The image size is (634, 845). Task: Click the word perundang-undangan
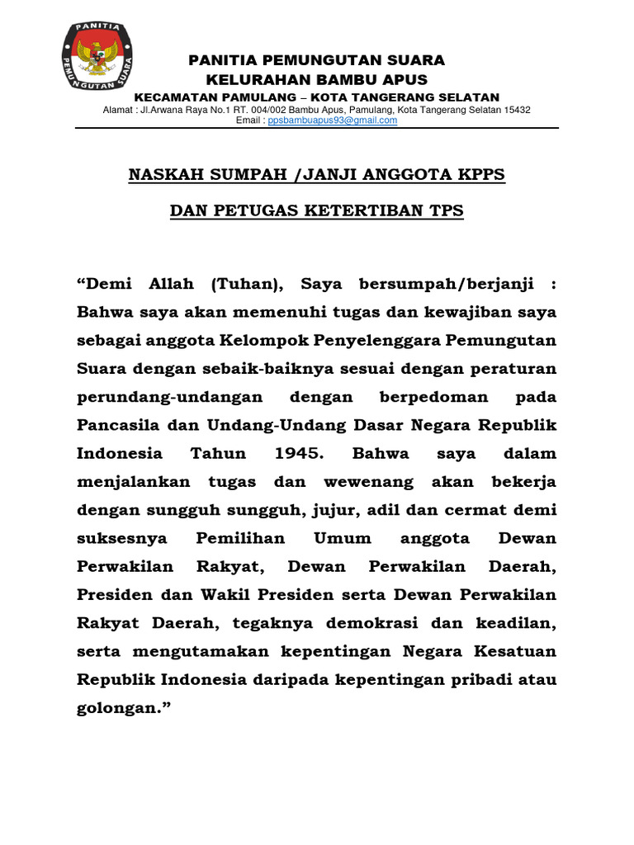(x=170, y=397)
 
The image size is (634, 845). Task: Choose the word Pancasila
(x=117, y=425)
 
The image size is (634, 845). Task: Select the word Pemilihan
(x=240, y=538)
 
